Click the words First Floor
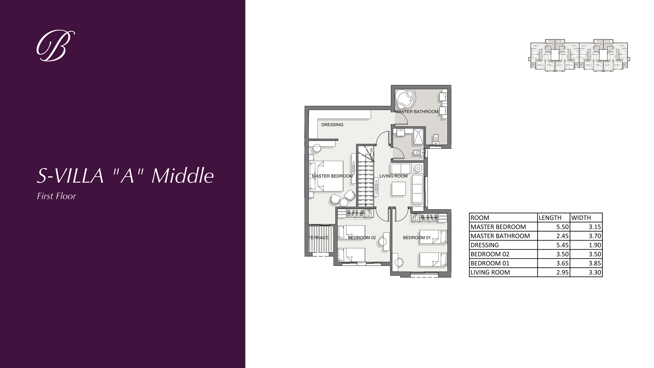pyautogui.click(x=56, y=196)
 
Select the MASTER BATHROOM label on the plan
pyautogui.click(x=417, y=111)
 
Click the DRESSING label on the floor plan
pyautogui.click(x=332, y=125)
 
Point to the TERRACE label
pyautogui.click(x=318, y=238)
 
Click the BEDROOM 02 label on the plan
pyautogui.click(x=362, y=238)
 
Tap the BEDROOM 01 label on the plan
pyautogui.click(x=417, y=238)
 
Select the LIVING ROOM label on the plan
pyautogui.click(x=393, y=176)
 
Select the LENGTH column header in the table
pyautogui.click(x=550, y=218)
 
